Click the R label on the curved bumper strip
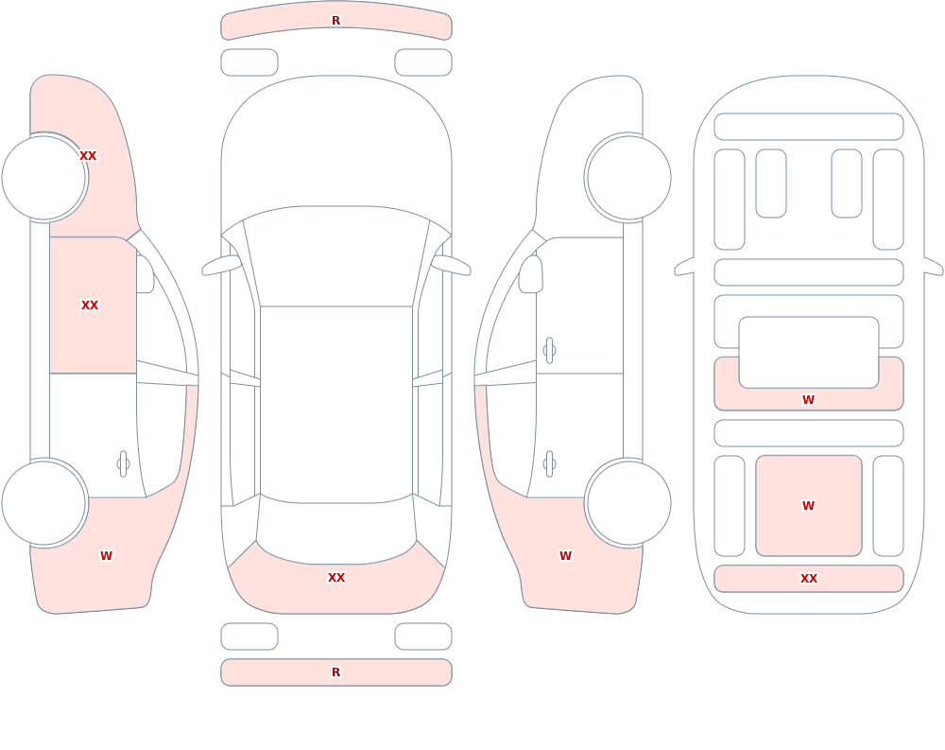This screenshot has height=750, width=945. click(x=335, y=21)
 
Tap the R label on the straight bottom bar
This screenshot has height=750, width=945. click(x=335, y=672)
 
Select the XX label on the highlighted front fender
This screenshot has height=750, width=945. click(x=88, y=156)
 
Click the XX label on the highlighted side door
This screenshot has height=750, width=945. click(x=90, y=305)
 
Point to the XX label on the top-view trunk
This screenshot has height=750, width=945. click(x=336, y=578)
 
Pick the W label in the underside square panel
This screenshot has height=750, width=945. click(x=808, y=506)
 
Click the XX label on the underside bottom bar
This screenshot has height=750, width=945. click(x=809, y=579)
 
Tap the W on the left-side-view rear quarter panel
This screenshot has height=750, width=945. click(x=106, y=556)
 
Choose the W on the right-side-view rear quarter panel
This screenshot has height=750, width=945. click(x=565, y=556)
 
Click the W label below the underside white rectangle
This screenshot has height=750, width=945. click(x=808, y=399)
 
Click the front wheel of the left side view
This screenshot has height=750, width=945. click(x=44, y=178)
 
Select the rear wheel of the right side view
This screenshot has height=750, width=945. click(x=628, y=503)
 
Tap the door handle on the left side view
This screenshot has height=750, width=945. click(x=123, y=464)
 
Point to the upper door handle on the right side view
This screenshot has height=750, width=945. click(x=549, y=351)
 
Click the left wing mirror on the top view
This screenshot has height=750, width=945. click(x=221, y=266)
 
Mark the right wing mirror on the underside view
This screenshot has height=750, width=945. click(x=934, y=267)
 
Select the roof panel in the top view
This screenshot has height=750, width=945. click(x=336, y=403)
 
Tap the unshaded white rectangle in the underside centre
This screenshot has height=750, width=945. click(x=809, y=353)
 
